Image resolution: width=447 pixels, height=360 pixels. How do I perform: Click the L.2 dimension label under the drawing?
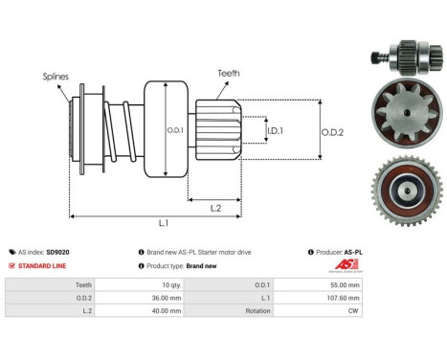pyautogui.click(x=216, y=207)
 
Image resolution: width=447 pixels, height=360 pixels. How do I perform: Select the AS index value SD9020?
pyautogui.click(x=57, y=252)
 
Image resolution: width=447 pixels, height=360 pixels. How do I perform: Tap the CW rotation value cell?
pyautogui.click(x=354, y=311)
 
